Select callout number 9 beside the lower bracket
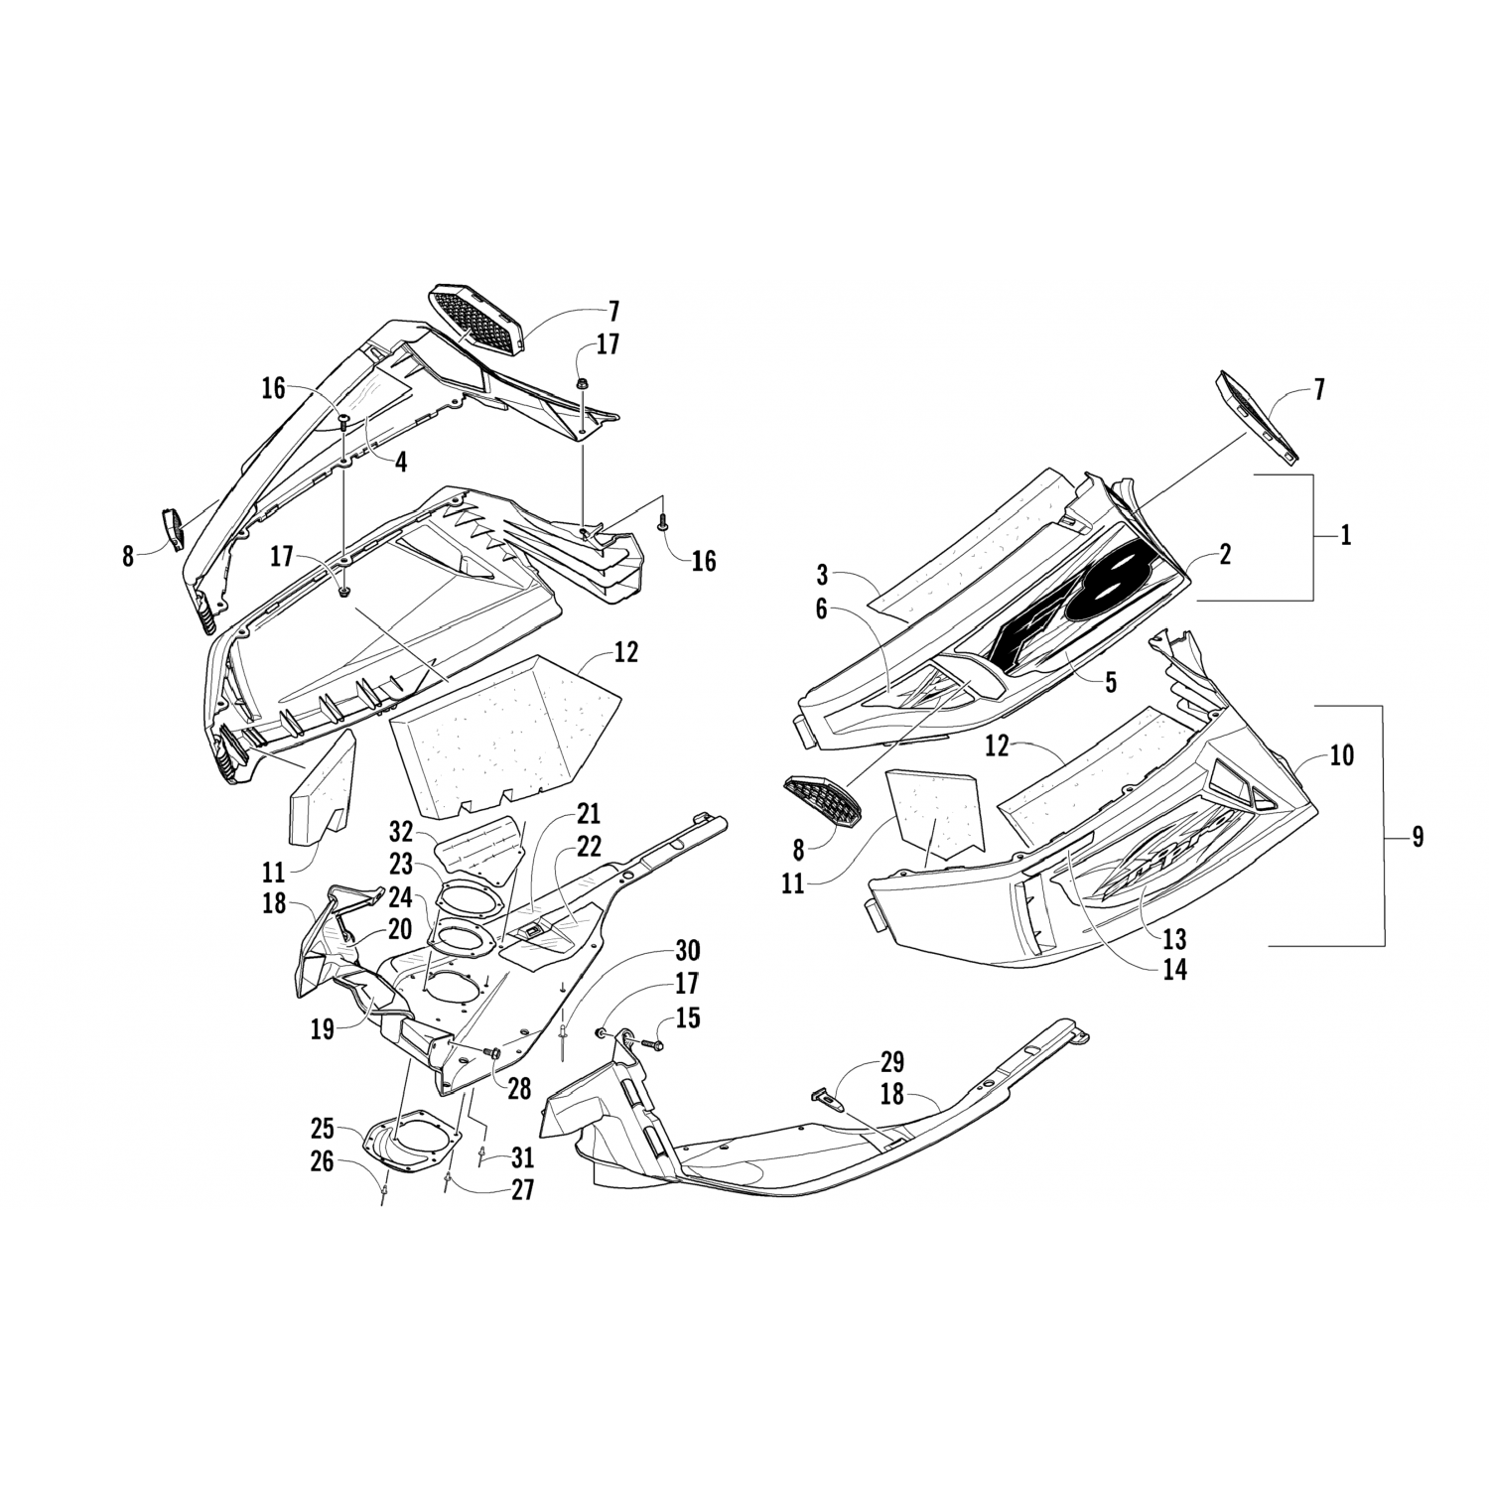pos(1417,837)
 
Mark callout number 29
pos(890,1062)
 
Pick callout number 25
pos(321,1130)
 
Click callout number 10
pos(1341,755)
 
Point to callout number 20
pos(371,929)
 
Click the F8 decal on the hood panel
pos(1072,607)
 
